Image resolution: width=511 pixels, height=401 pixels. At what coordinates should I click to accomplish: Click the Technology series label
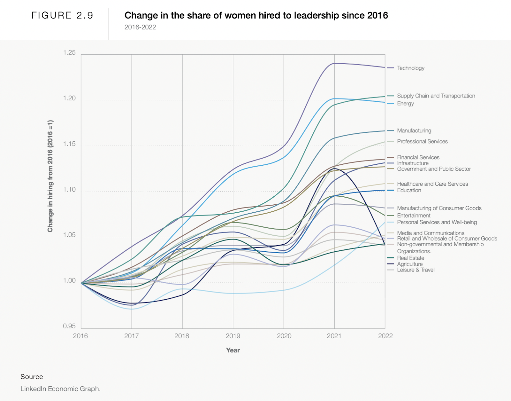(410, 68)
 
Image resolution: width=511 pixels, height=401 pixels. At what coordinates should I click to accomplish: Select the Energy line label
(405, 104)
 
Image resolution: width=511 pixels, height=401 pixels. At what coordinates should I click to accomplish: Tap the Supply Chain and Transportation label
(436, 96)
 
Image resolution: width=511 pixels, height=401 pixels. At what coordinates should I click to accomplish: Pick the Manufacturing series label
(414, 131)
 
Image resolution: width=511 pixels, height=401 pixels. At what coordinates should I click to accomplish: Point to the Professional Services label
(422, 142)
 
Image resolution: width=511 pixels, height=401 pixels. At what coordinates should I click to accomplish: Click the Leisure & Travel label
(416, 270)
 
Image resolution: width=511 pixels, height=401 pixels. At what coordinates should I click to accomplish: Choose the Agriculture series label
(410, 264)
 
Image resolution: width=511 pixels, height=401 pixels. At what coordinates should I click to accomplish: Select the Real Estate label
(410, 258)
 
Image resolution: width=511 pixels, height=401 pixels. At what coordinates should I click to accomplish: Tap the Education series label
(409, 190)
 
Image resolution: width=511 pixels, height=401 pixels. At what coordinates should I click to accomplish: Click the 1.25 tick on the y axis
(69, 53)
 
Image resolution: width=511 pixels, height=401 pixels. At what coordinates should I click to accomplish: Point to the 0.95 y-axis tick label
(69, 326)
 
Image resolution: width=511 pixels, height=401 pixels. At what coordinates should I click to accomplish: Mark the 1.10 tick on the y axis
(69, 190)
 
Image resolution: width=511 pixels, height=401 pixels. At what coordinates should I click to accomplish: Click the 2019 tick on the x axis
(233, 336)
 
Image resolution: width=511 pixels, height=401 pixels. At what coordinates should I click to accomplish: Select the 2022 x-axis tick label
(385, 336)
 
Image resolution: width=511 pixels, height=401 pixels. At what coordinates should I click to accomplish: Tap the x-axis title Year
(233, 350)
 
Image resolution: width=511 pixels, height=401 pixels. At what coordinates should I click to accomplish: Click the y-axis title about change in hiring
(50, 176)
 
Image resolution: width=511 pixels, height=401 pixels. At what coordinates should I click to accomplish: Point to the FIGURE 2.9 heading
(62, 16)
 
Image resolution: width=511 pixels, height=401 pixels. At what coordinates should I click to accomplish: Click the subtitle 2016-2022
(140, 27)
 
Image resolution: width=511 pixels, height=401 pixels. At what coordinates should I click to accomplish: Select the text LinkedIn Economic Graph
(60, 389)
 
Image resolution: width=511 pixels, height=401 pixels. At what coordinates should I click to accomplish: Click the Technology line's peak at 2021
(334, 63)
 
